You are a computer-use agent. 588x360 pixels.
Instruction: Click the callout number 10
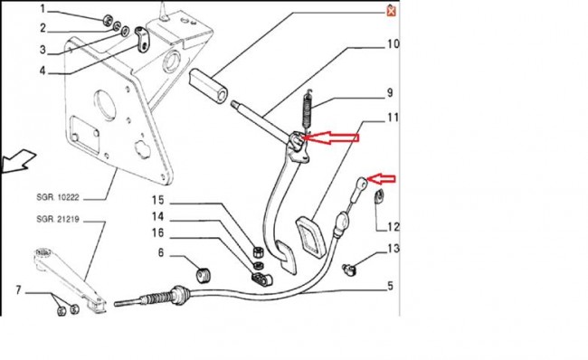(393, 44)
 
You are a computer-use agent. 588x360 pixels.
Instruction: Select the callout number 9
(390, 92)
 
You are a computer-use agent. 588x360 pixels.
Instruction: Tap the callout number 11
(393, 118)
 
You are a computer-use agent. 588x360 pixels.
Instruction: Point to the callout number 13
(394, 248)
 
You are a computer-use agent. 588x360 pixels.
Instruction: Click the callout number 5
(391, 286)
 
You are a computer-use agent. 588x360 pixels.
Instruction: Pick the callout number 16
(158, 232)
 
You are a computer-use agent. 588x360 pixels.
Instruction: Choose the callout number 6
(161, 252)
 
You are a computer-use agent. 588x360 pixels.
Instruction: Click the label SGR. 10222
(58, 197)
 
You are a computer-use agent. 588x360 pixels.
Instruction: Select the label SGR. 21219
(58, 219)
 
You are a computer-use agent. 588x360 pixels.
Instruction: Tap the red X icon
(391, 12)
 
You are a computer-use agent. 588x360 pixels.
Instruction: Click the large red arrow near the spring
(331, 137)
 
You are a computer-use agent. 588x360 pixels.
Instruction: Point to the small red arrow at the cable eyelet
(382, 179)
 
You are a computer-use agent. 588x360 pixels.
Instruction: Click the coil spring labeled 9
(308, 110)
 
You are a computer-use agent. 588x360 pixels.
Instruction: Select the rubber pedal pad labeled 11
(309, 237)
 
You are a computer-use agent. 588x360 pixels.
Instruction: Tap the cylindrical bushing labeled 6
(204, 276)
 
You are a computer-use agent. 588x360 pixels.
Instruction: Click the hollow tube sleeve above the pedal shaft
(208, 86)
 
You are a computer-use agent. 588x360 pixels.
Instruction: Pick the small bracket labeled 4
(142, 40)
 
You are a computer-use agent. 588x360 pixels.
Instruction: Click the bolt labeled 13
(349, 270)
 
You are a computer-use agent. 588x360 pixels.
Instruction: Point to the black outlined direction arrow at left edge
(19, 161)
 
